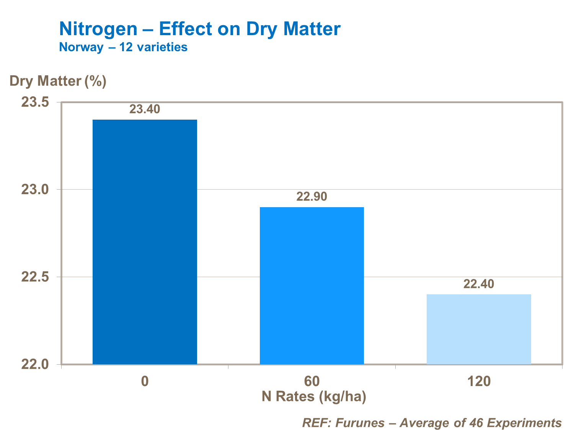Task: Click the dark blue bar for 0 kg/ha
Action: [145, 242]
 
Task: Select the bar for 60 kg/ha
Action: [311, 285]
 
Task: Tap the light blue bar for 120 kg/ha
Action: [479, 329]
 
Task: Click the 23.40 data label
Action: [145, 109]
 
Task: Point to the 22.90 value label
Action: [311, 196]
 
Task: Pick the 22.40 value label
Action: [479, 284]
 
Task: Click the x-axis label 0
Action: [145, 381]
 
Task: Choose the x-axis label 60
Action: [311, 381]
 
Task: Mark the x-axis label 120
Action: [479, 381]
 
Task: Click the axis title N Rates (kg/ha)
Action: [314, 396]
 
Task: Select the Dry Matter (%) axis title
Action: [58, 81]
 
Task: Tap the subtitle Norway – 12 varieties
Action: [123, 47]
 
